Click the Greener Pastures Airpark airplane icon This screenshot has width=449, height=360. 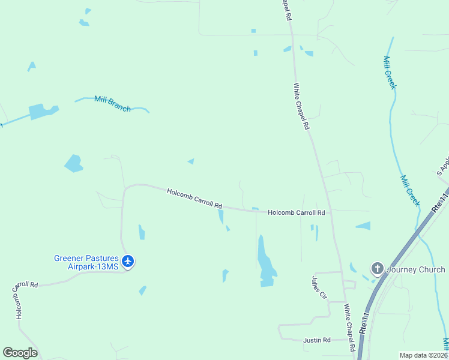[x=127, y=261]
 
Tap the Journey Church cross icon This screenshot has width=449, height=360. [x=377, y=268]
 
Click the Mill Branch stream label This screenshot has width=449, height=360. [x=112, y=104]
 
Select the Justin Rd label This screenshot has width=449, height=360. [x=317, y=340]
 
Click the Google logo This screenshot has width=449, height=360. [x=20, y=353]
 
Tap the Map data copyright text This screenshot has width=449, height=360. [x=423, y=355]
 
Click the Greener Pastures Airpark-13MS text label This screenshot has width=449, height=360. [x=86, y=262]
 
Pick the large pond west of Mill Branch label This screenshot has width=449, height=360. [x=43, y=112]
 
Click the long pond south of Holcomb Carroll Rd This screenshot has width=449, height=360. [x=265, y=262]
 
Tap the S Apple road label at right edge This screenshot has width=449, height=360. [x=443, y=166]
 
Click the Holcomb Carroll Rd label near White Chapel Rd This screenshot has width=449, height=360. [x=296, y=212]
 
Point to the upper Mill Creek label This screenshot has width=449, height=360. [x=390, y=73]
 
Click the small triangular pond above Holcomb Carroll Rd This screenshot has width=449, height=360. [x=191, y=161]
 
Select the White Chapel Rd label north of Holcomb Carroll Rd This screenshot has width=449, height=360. [x=301, y=107]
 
